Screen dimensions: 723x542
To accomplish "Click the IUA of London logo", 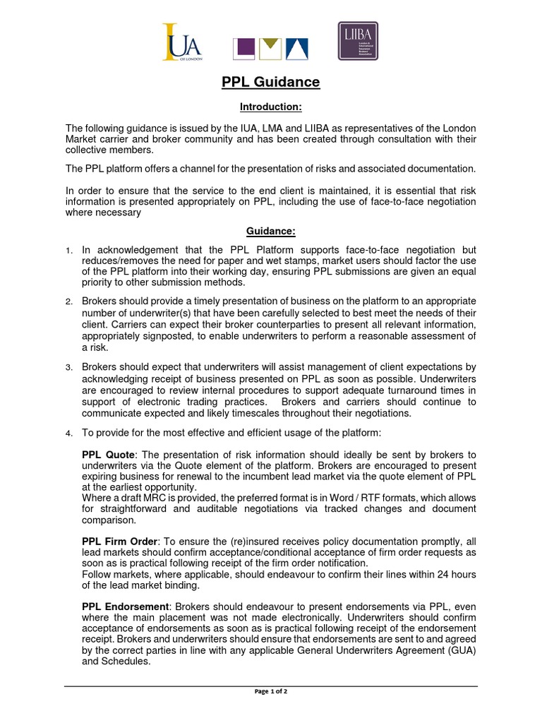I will point(182,42).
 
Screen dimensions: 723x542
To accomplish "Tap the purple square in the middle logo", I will point(244,49).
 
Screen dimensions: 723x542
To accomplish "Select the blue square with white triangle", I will point(293,49).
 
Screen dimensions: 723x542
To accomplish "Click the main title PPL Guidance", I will point(271,83).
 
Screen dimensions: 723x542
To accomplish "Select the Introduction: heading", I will point(271,107).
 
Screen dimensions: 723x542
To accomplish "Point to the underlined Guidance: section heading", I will point(271,231).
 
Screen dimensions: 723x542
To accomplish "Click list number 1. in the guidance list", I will point(69,251).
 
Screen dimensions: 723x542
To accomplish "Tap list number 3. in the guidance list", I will point(69,368).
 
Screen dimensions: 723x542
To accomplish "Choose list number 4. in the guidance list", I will point(69,433).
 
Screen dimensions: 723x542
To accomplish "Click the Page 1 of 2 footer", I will point(271,691).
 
